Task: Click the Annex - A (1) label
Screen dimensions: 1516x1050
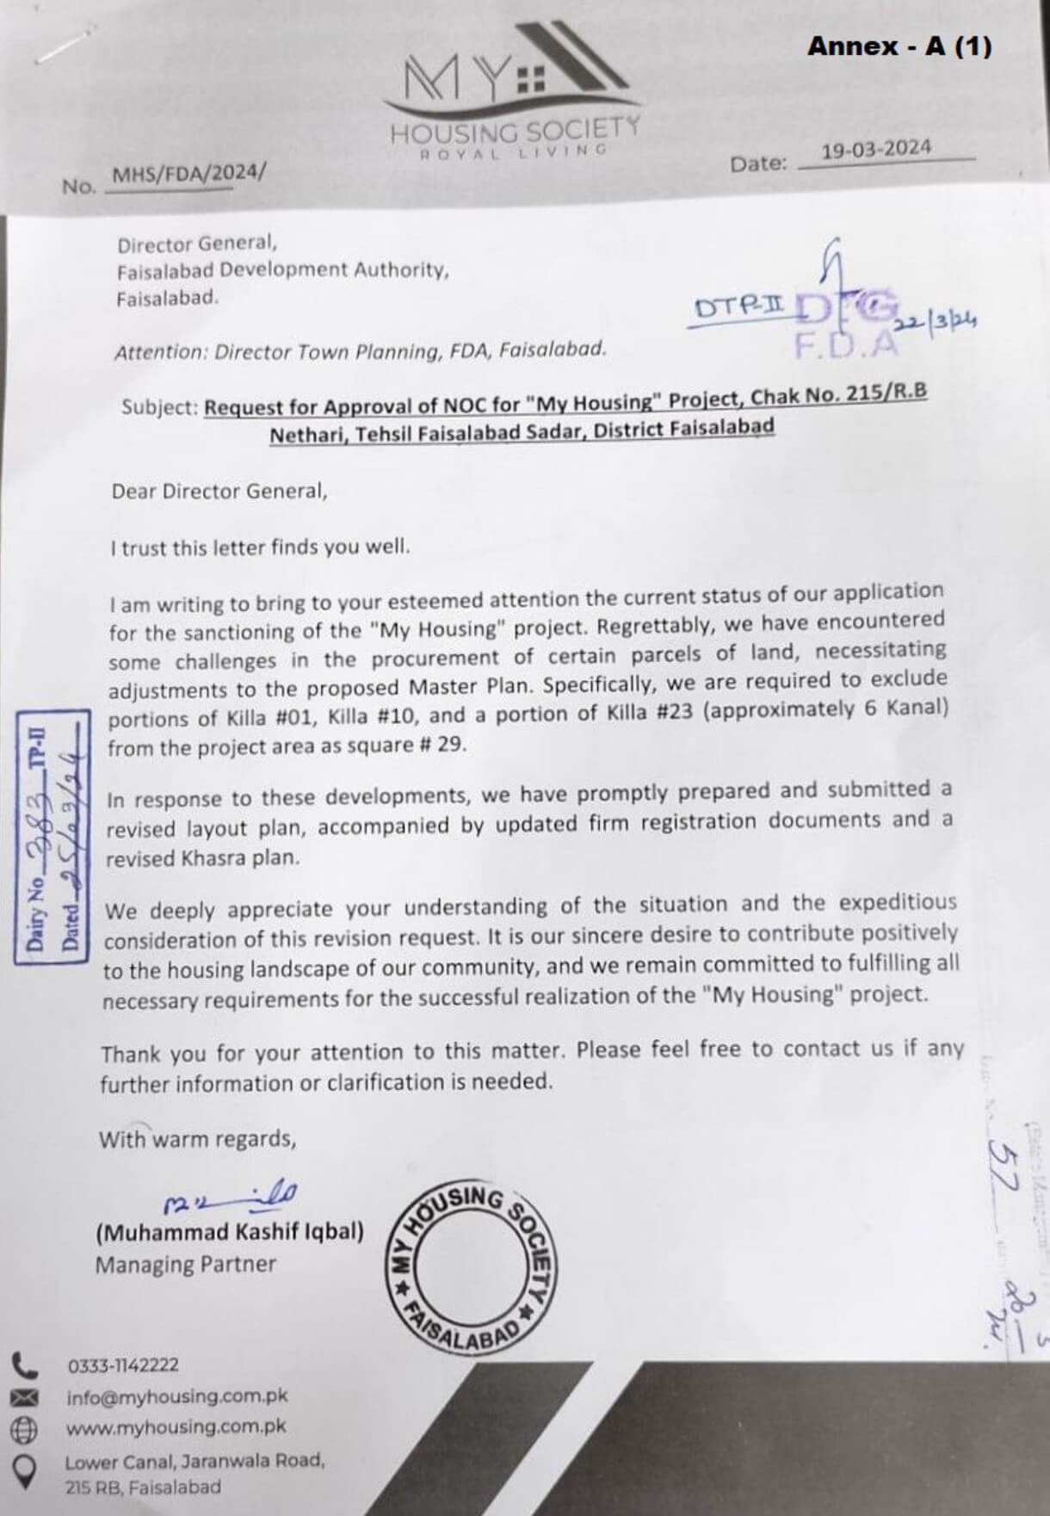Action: (x=899, y=46)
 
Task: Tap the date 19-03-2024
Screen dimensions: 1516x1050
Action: (x=875, y=149)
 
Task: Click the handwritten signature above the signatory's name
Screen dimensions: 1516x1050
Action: (x=231, y=1197)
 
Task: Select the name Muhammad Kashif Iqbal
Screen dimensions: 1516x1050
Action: (x=230, y=1232)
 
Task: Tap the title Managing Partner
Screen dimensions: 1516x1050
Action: (x=185, y=1265)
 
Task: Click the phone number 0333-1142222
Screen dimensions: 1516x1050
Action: (x=123, y=1365)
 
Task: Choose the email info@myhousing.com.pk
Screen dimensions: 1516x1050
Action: (x=176, y=1396)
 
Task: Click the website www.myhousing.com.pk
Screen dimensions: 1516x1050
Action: (x=176, y=1426)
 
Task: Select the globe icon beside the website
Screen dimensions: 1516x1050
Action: (x=23, y=1429)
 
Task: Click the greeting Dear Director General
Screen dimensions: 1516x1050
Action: (x=219, y=492)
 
